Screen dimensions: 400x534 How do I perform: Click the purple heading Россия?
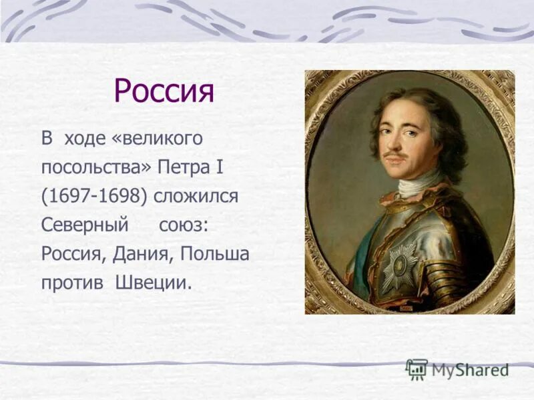pos(164,91)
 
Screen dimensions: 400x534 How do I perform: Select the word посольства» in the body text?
pos(97,168)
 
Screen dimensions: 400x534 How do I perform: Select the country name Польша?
pos(214,255)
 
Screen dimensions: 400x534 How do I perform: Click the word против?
pos(69,283)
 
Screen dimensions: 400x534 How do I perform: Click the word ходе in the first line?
pos(82,139)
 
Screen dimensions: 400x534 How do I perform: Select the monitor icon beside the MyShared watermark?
pos(417,369)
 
